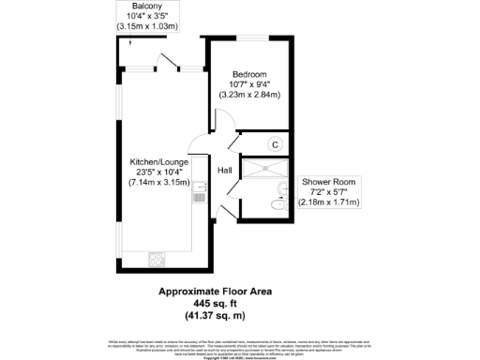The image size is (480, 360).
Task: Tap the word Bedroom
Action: pos(250,74)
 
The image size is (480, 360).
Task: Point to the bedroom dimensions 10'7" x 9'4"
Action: pos(250,84)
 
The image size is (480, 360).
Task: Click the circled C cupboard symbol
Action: pos(275,143)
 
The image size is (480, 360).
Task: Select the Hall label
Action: pos(225,171)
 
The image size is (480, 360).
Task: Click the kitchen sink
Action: pos(198,194)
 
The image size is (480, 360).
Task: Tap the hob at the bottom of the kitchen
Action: pos(156,255)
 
